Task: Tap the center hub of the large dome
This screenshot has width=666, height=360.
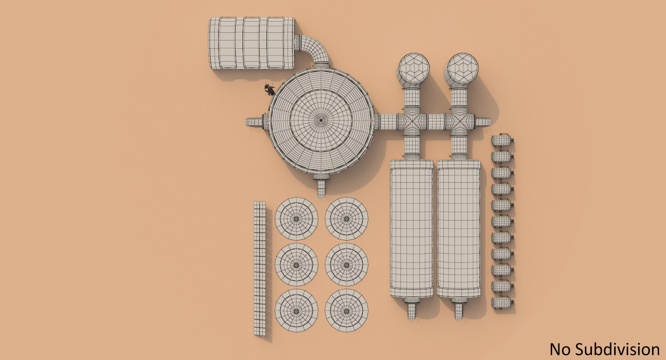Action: click(321, 120)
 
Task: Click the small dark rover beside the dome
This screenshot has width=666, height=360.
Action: click(269, 90)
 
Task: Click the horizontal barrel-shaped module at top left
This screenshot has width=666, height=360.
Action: click(251, 43)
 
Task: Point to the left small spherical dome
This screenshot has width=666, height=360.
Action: click(414, 69)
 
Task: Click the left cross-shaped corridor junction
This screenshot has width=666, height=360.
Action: click(412, 121)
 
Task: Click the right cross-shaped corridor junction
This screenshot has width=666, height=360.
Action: click(459, 121)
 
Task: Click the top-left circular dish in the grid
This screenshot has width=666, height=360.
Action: click(296, 219)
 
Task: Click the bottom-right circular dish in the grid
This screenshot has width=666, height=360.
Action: click(346, 311)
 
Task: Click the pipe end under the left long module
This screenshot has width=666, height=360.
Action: click(411, 310)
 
